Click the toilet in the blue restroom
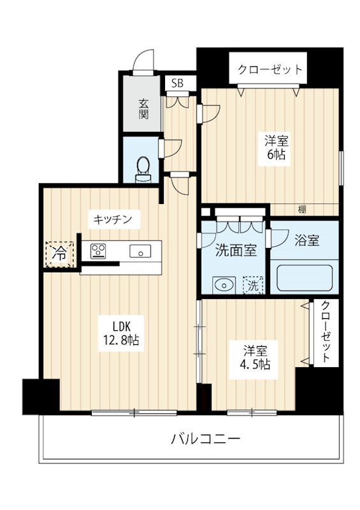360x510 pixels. point(143,167)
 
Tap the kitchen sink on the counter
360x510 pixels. point(140,251)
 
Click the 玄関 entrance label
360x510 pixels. point(144,108)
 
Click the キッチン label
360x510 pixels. point(113,219)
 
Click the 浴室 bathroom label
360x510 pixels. point(306,240)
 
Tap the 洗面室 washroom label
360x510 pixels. point(236,251)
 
